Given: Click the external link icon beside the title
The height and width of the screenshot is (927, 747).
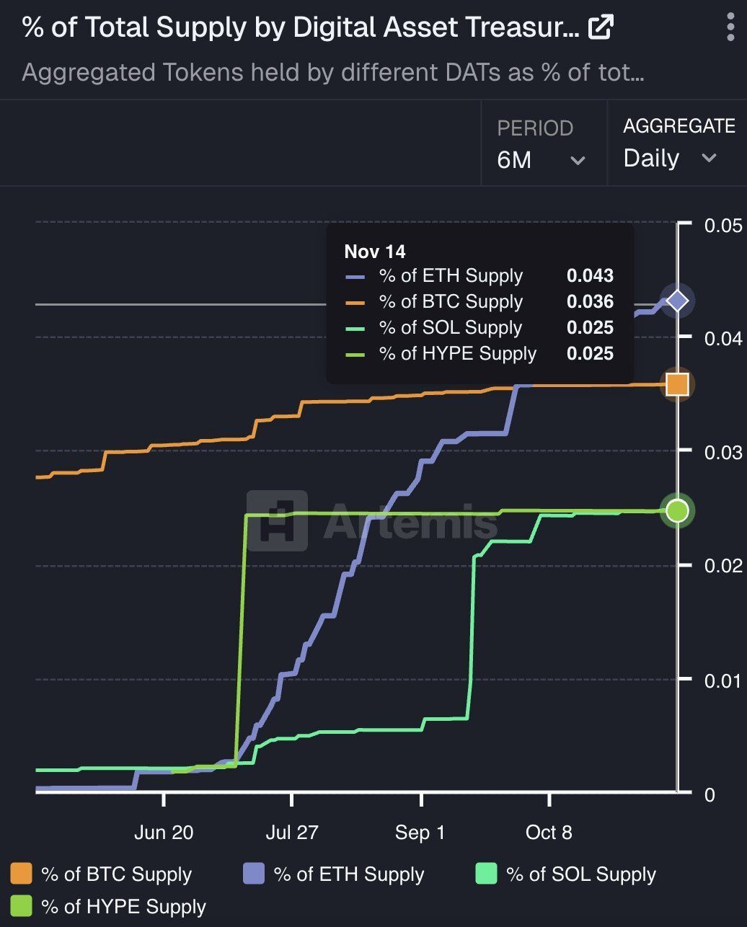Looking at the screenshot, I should [x=601, y=28].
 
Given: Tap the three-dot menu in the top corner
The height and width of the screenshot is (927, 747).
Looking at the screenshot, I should [x=730, y=27].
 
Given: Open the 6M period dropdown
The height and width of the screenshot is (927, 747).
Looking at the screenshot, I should [x=541, y=159].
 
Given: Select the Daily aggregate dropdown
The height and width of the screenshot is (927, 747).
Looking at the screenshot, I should [x=669, y=158].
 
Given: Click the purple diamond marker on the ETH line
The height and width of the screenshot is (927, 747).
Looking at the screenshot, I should [x=677, y=301].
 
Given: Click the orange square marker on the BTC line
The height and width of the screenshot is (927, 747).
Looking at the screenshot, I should [x=677, y=384].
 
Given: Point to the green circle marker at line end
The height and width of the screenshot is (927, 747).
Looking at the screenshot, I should [x=677, y=511].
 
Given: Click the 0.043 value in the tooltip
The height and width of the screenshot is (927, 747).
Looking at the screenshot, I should [x=590, y=275].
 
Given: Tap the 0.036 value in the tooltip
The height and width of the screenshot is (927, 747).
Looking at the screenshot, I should [x=590, y=301].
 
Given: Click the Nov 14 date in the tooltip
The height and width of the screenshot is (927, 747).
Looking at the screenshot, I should [x=375, y=251].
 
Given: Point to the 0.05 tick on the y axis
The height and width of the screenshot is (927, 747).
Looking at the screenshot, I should [x=722, y=226].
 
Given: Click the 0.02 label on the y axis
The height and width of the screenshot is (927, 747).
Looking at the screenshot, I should [x=722, y=565].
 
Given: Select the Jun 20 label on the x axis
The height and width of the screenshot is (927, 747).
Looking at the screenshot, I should [x=164, y=833].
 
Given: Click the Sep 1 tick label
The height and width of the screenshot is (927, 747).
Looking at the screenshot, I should [x=420, y=833].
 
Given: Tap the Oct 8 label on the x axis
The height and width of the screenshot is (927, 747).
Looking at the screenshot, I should [x=549, y=833].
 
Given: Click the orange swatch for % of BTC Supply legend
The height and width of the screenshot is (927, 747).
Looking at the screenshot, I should [x=22, y=874].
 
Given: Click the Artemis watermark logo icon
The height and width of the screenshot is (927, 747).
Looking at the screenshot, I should [x=277, y=520].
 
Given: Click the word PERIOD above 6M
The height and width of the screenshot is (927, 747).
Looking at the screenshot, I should [x=535, y=128].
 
